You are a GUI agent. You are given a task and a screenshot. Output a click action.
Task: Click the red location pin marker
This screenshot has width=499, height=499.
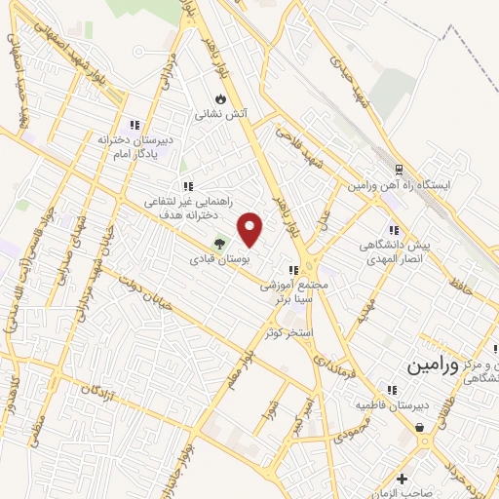coord(251,228)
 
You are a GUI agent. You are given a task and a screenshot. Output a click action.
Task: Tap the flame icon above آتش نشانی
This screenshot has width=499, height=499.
coord(221,98)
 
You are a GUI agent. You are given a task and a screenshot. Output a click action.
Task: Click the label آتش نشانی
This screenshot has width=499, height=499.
coord(223,114)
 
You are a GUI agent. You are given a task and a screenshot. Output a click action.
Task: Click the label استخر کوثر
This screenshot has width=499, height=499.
coord(288,332)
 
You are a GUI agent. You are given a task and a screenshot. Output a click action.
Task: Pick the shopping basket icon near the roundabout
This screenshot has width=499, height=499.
coord(419,426)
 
